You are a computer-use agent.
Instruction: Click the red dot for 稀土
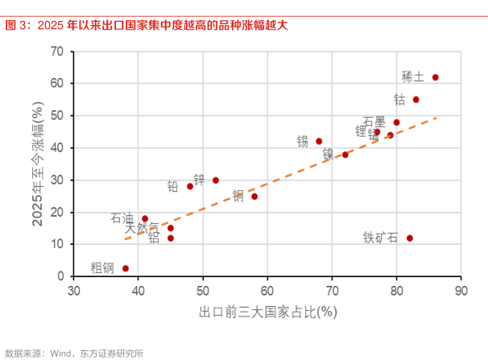[436, 77]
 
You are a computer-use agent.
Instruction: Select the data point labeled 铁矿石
[410, 238]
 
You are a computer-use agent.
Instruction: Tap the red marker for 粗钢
[126, 268]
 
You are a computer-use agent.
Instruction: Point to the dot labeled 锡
[319, 142]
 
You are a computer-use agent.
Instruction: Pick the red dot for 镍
[345, 155]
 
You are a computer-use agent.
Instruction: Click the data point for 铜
[254, 197]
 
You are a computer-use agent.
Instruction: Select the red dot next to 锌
[216, 180]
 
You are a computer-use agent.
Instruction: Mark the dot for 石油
[145, 219]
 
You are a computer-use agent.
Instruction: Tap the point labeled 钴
[416, 100]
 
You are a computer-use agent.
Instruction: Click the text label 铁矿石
[380, 238]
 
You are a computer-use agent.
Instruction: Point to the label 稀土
[412, 77]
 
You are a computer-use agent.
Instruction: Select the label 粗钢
[101, 268]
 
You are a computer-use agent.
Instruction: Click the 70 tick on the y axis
[57, 52]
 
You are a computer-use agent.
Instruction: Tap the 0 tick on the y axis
[60, 276]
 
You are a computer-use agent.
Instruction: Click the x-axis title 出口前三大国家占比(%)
[267, 311]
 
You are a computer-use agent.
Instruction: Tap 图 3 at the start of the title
[15, 26]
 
